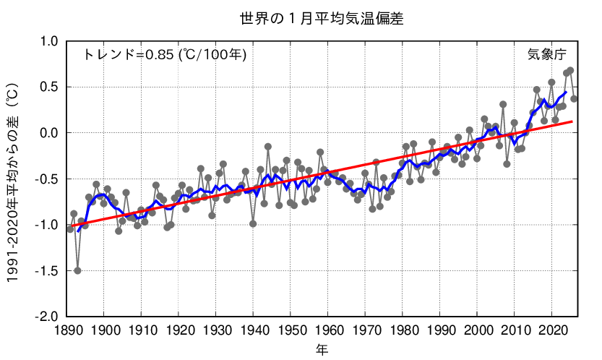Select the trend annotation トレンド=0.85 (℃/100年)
pos(165,54)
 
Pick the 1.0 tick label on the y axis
pos(47,42)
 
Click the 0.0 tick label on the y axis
pos(47,133)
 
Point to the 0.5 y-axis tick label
pos(47,87)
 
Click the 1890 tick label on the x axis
pos(66,330)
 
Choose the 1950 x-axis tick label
pos(291,330)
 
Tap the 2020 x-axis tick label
pos(551,330)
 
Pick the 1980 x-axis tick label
pos(403,330)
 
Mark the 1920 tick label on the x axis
pos(179,330)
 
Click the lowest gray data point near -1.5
pos(77,270)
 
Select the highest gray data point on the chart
pos(570,70)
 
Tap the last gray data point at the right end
pos(574,99)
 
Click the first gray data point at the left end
pos(70,228)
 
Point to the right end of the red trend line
pos(573,121)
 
